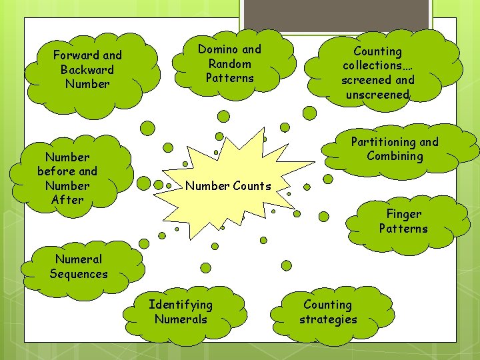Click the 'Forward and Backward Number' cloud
87,69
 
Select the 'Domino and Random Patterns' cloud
229,64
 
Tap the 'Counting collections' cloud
378,72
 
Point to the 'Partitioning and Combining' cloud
395,149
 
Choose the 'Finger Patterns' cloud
403,221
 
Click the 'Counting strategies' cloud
328,312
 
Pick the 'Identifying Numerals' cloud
181,312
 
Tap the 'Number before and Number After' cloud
67,178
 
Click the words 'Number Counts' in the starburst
228,186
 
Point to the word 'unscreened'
377,95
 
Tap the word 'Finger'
404,214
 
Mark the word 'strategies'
328,319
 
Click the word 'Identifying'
181,305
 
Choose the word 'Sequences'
79,274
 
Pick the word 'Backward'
87,69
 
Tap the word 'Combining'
395,156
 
